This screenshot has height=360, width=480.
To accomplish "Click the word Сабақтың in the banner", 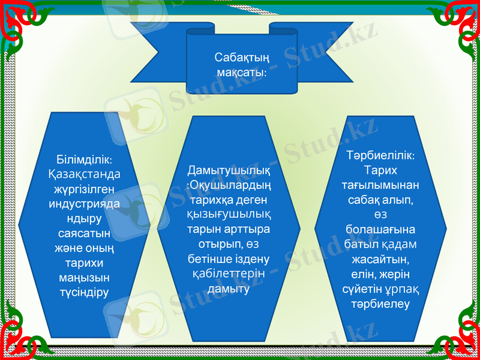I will [241, 58].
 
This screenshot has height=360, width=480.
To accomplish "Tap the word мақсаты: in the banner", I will [241, 72].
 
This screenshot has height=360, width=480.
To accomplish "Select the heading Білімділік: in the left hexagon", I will [84, 161].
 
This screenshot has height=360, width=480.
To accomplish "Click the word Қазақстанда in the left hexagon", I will [84, 175].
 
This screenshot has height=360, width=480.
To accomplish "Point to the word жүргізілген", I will [84, 190].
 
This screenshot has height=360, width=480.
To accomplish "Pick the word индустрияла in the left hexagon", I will [84, 204].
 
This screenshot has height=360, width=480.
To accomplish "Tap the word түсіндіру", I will [84, 292].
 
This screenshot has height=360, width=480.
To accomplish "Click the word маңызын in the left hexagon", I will [84, 277].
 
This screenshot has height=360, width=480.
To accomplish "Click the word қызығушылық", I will [228, 214].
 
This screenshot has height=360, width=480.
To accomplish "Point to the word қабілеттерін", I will [228, 273].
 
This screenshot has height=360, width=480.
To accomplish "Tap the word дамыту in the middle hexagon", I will [228, 288].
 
